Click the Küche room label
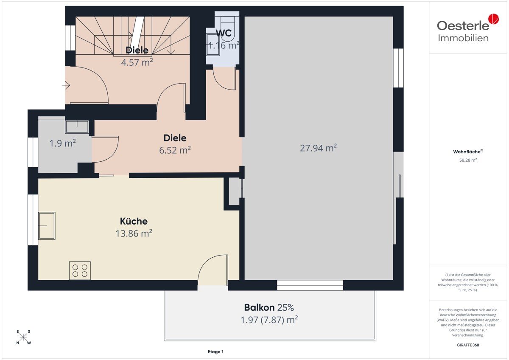(x=134, y=221)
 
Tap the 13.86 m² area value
(x=134, y=233)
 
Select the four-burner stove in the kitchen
(x=80, y=270)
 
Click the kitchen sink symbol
(x=47, y=226)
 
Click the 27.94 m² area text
(x=318, y=148)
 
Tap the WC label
(x=224, y=33)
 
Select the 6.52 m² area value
(x=175, y=150)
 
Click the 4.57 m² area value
(x=137, y=62)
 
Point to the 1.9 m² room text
(x=62, y=143)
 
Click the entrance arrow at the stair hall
(x=66, y=85)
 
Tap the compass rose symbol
(x=23, y=337)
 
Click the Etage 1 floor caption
(x=215, y=352)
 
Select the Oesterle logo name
(x=463, y=25)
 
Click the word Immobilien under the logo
(x=463, y=38)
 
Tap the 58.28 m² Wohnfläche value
(x=468, y=160)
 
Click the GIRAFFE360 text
(x=468, y=345)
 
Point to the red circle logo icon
(x=494, y=19)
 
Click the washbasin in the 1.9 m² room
(x=77, y=127)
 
